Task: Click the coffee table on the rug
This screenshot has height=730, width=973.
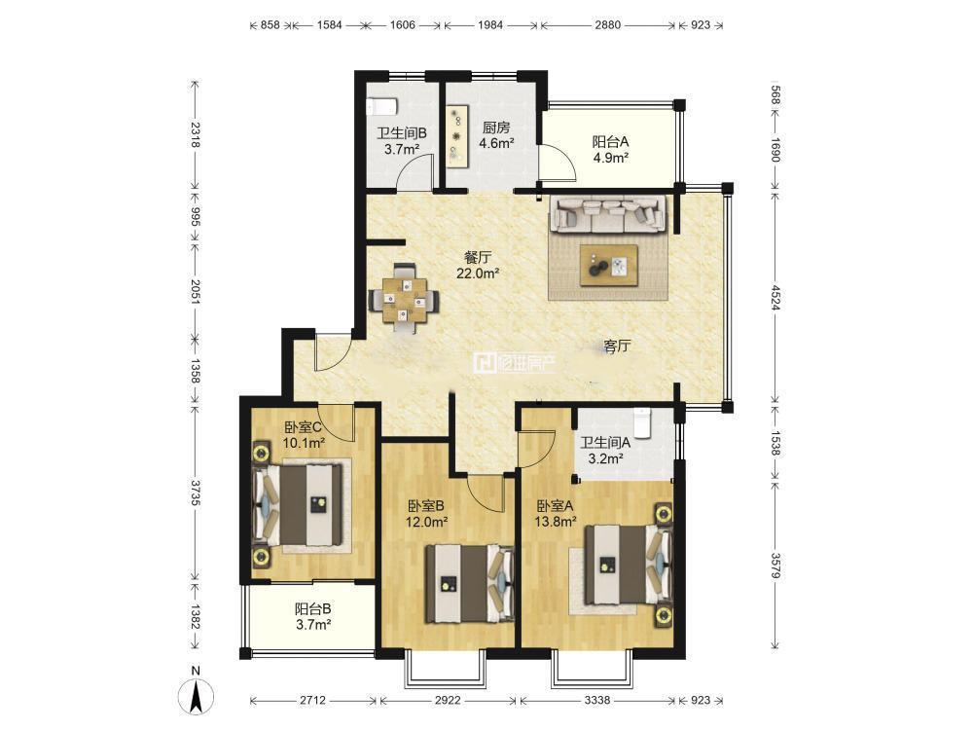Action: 609,266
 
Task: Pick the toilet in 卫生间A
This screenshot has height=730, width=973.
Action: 643,422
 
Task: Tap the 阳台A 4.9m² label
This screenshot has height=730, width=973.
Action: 611,150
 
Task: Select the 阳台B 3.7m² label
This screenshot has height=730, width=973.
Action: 312,617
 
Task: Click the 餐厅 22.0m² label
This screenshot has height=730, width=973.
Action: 478,265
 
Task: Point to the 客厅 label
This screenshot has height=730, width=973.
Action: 617,346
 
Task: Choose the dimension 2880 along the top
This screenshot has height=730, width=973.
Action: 607,25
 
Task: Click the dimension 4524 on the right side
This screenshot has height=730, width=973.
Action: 775,297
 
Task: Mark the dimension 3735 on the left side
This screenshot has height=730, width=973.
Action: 196,493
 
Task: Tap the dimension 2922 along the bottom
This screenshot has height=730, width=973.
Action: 448,700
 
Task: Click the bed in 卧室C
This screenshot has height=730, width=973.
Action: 299,506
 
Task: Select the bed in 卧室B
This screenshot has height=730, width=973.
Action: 469,583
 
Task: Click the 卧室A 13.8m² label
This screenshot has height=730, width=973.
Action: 556,514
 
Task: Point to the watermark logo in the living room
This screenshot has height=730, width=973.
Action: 515,363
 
